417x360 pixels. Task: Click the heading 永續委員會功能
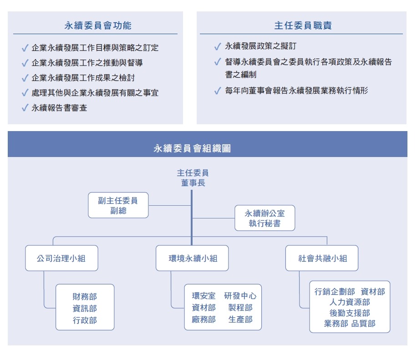tap(98, 25)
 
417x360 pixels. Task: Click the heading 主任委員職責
tap(303, 25)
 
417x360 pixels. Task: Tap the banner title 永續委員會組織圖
tap(192, 148)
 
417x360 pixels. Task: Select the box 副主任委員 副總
tap(118, 205)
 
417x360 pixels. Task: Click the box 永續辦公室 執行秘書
tap(264, 218)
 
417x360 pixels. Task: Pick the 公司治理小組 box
tap(61, 258)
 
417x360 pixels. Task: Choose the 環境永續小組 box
tap(192, 258)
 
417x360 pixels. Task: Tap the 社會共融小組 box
tap(322, 258)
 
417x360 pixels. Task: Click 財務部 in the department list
tap(85, 296)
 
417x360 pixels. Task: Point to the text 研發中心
tap(240, 296)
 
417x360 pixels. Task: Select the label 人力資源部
tap(350, 302)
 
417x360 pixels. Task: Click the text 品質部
tap(363, 324)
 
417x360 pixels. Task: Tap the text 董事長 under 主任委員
tap(193, 183)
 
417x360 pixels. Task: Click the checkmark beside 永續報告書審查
tap(25, 108)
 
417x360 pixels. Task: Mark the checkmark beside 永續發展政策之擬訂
tap(218, 46)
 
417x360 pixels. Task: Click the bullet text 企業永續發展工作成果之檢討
tap(83, 78)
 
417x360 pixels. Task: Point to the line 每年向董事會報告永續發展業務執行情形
tap(296, 91)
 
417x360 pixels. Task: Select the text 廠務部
tap(203, 319)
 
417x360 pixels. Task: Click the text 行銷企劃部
tap(335, 292)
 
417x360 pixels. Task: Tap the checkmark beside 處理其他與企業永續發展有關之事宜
tap(25, 93)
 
